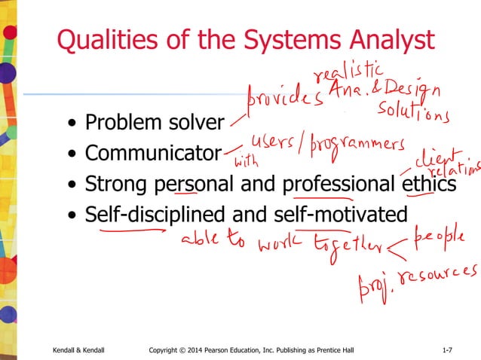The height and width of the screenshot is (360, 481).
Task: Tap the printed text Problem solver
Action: click(x=155, y=122)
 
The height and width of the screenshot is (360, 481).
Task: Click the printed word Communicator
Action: click(x=153, y=153)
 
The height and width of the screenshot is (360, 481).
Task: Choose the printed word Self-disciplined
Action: click(x=160, y=215)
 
